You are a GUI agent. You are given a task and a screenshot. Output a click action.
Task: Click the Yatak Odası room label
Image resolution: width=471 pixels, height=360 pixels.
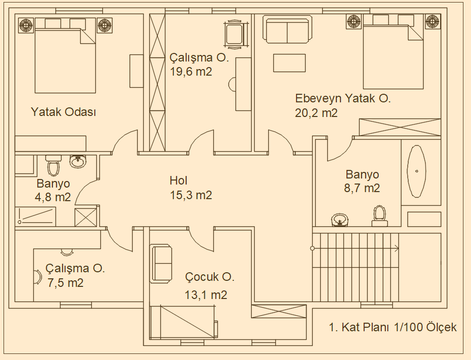click(x=64, y=112)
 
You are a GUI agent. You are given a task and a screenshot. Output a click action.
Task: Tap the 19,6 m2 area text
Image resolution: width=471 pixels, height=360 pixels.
click(x=191, y=72)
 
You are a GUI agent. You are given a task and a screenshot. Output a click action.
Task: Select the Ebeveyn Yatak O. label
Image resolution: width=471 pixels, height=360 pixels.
click(x=343, y=98)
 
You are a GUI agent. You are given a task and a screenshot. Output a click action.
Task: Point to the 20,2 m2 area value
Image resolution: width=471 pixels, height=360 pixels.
click(x=316, y=113)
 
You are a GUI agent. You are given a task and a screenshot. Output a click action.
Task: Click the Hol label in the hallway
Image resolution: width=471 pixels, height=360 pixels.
click(x=179, y=181)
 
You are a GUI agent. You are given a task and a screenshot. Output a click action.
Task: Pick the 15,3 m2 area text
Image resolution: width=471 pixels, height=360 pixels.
click(x=191, y=195)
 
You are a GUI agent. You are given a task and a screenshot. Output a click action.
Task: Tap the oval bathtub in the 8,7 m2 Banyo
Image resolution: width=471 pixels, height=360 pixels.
click(x=417, y=171)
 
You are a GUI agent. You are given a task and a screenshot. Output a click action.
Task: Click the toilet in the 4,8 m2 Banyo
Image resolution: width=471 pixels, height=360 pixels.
click(x=54, y=165)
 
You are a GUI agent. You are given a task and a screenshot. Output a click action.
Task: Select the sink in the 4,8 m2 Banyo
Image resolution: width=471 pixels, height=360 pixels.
click(x=79, y=161)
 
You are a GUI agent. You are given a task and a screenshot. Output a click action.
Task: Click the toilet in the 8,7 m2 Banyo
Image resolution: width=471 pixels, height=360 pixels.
click(x=380, y=216)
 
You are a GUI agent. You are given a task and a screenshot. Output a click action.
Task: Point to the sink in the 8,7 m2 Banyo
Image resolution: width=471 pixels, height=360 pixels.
click(x=340, y=220)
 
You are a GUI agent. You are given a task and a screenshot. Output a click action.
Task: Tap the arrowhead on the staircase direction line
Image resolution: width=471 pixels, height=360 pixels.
click(x=397, y=248)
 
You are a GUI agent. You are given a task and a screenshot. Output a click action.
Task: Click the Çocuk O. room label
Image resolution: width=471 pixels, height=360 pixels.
click(x=210, y=277)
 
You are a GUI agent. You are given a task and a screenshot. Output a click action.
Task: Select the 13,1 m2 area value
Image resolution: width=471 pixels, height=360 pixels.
click(x=206, y=295)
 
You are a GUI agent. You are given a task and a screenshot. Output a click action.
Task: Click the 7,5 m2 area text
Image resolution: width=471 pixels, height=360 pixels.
click(x=66, y=283)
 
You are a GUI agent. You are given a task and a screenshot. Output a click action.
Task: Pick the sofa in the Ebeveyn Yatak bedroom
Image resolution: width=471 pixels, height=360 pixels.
click(x=287, y=30)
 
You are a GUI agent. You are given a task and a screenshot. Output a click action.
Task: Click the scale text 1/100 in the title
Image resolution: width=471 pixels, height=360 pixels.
click(x=409, y=327)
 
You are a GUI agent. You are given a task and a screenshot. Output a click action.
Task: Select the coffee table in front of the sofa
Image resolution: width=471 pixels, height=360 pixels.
click(x=289, y=63)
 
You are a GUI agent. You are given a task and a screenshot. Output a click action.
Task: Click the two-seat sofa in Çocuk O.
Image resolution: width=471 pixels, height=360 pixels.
click(x=162, y=264)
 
